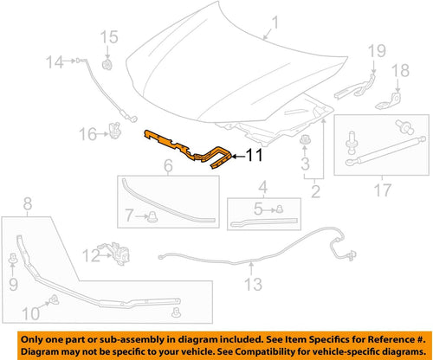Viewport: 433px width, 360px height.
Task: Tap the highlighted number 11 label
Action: coord(250,156)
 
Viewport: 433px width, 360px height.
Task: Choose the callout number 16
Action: coord(87,133)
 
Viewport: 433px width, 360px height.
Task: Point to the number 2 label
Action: coord(317,191)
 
